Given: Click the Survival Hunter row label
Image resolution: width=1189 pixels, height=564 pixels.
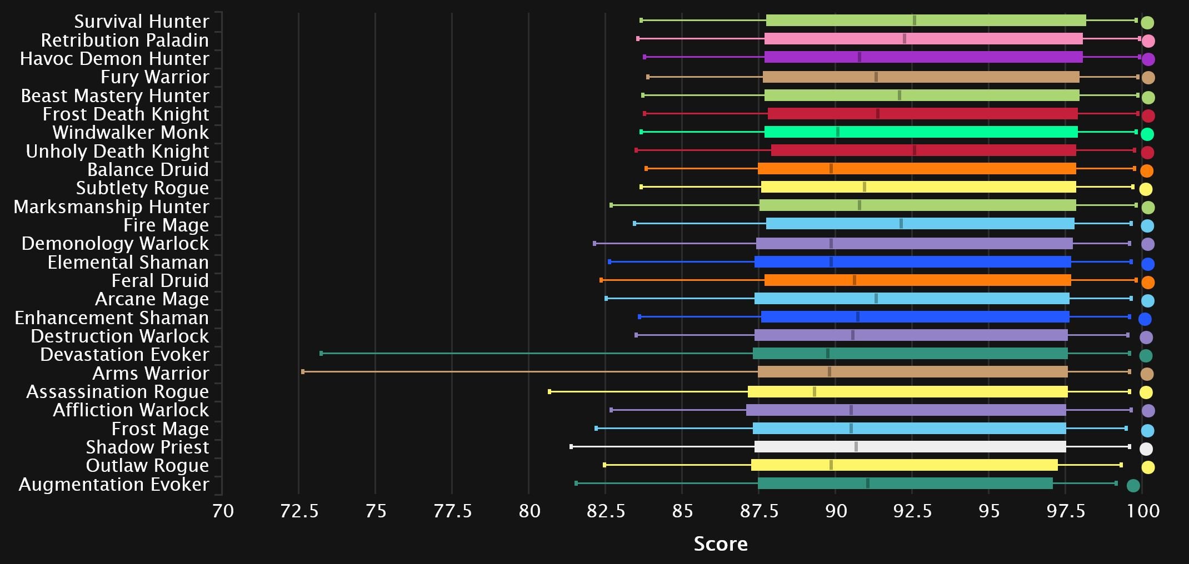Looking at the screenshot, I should coord(142,21).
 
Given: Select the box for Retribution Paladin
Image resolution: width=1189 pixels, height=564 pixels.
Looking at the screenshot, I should coord(923,39).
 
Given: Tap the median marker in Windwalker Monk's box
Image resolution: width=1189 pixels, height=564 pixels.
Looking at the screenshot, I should coord(838,132).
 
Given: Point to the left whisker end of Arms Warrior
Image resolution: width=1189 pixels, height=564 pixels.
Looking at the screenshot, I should coord(303,372).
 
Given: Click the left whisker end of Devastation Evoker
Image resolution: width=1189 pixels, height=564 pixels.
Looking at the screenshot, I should coord(321,354).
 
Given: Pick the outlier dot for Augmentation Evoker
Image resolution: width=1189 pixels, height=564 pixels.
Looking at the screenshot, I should coord(1133,486).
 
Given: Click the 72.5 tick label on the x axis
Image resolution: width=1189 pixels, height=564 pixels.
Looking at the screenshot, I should coord(299,511).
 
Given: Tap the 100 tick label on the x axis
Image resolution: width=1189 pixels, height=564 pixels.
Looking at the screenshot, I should coord(1143,511).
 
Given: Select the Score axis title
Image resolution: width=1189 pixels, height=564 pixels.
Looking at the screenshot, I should coord(721,544).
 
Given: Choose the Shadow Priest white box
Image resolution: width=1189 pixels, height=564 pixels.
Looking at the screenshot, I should coord(910,447).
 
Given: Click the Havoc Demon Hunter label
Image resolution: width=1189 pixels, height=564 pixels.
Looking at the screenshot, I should coord(114,58).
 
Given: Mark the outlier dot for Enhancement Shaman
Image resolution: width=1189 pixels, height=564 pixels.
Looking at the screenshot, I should coord(1145,319).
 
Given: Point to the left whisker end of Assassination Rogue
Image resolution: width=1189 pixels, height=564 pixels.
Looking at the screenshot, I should coord(549,392).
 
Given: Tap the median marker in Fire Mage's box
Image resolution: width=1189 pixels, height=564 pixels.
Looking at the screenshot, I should coord(901,224).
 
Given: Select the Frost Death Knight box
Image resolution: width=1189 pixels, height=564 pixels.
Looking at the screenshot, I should coord(922,114).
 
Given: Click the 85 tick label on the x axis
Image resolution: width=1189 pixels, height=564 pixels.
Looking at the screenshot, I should coord(682,511).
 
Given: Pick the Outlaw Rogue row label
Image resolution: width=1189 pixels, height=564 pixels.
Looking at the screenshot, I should coord(147,465).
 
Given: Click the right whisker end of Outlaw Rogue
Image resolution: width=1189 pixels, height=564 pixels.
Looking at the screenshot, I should coord(1121,465).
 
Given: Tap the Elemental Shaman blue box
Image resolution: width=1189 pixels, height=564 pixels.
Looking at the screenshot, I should coord(912,262).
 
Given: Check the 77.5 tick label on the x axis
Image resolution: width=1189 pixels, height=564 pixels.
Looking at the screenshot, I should coord(452,511).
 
